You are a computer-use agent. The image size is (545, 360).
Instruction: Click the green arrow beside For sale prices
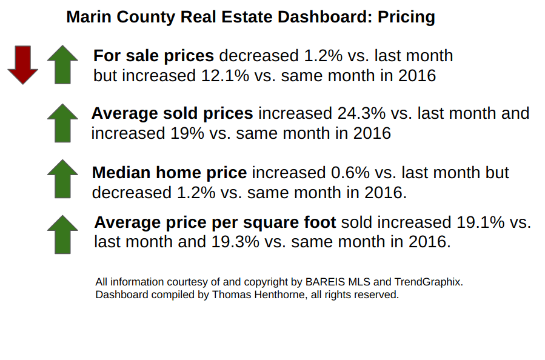62,64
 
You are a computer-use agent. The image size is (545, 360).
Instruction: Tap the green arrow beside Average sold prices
62,122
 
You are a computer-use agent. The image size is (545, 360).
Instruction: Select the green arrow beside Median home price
62,179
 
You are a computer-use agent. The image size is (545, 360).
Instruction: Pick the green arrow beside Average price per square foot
62,234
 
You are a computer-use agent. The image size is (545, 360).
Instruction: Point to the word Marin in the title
86,17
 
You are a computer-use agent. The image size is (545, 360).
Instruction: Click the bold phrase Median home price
169,173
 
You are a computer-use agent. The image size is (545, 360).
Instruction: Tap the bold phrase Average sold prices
172,113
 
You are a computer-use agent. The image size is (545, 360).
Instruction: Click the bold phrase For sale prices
153,56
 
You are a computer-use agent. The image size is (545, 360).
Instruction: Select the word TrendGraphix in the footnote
428,282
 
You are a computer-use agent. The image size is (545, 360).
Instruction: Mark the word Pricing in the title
406,17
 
